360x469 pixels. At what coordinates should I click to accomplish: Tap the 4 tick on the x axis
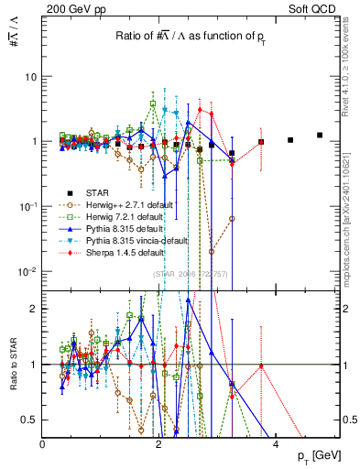click(x=277, y=443)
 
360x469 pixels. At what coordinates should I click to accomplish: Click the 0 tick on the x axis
click(x=42, y=443)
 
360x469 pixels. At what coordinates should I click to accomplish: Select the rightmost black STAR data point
click(x=320, y=135)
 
